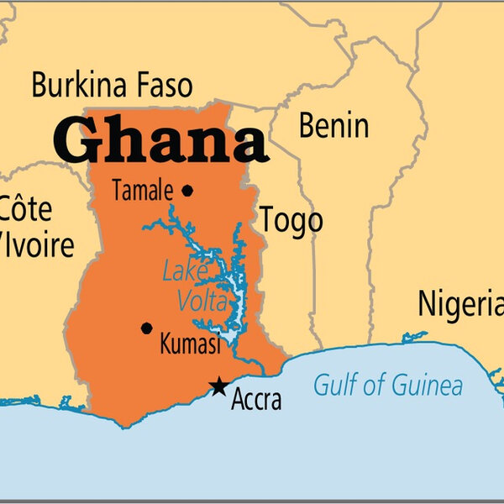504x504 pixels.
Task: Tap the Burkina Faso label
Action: (x=112, y=86)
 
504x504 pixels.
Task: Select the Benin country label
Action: (x=333, y=126)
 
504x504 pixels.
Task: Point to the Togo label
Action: (x=291, y=220)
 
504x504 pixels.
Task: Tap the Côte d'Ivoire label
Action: (x=34, y=227)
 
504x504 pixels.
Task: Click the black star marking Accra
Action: (x=219, y=386)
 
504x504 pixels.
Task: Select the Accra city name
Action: (x=258, y=401)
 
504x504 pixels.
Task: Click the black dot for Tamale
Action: (x=187, y=191)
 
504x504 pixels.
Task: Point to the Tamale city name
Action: (x=141, y=192)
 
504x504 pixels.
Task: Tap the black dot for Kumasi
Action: (x=147, y=328)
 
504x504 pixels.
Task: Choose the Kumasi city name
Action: (x=190, y=344)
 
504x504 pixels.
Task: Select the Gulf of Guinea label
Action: (x=387, y=386)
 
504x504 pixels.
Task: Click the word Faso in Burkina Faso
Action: (x=162, y=86)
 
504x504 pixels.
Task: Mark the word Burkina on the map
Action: (x=77, y=86)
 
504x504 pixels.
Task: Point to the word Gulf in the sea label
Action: (x=333, y=386)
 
